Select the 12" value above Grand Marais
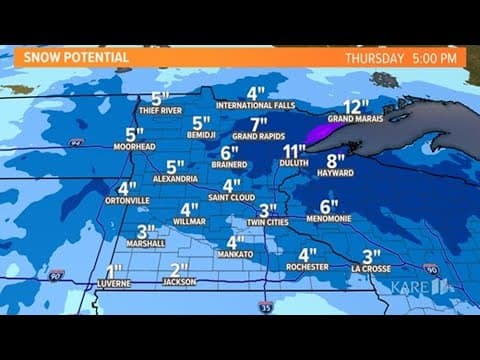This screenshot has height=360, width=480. click(351, 107)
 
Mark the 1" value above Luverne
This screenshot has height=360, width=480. click(114, 270)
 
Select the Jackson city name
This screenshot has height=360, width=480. click(180, 282)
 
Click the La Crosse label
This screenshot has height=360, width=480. click(372, 268)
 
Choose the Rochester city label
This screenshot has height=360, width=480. click(307, 267)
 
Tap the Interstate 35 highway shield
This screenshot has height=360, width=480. click(265, 305)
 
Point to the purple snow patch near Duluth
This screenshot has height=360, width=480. click(322, 131)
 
